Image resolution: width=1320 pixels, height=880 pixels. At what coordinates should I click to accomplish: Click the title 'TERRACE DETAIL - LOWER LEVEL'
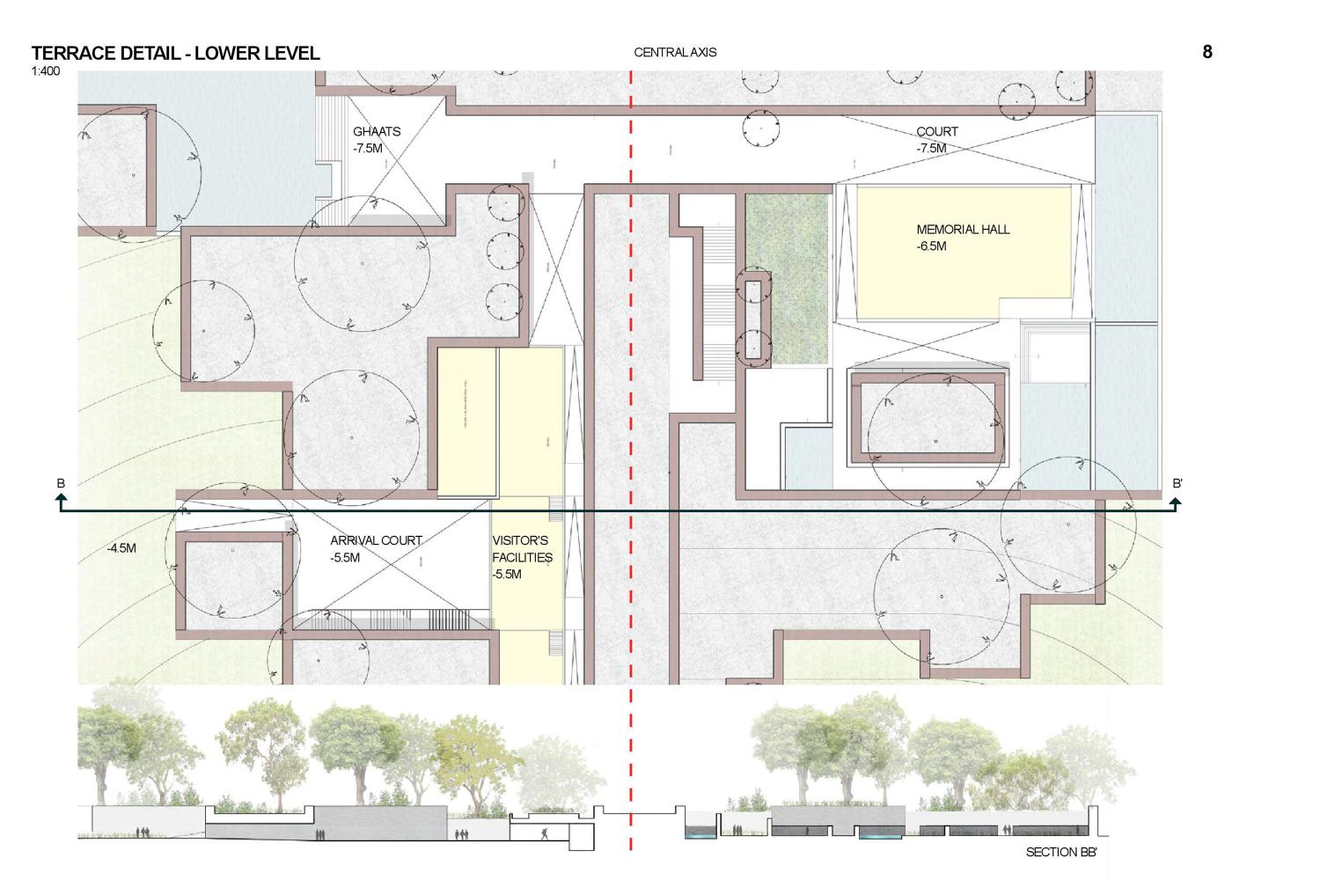[175, 53]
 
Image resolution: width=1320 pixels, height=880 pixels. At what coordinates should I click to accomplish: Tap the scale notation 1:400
[46, 71]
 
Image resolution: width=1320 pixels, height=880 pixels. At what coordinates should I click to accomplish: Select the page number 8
[1207, 52]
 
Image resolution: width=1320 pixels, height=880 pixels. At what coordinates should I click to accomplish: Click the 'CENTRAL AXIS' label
[675, 53]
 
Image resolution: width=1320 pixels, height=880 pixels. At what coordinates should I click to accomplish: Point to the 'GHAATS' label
[377, 131]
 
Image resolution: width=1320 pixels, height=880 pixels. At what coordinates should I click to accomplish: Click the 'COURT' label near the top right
[937, 131]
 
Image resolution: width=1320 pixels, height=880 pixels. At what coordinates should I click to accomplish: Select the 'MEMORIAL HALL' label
[963, 229]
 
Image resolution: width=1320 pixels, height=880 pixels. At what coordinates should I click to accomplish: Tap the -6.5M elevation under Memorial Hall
[931, 246]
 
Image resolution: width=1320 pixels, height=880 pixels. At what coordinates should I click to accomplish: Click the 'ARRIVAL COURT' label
[376, 540]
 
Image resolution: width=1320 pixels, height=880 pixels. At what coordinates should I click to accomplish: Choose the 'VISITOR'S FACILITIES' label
[522, 549]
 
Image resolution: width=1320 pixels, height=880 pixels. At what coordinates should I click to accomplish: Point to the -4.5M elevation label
[121, 548]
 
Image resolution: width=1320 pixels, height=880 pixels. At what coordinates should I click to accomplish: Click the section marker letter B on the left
[61, 483]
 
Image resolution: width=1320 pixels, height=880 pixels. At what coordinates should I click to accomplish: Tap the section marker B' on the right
[1177, 483]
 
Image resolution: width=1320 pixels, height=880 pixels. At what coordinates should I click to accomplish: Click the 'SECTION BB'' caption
[1061, 852]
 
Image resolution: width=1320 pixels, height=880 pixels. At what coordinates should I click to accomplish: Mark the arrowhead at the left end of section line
[61, 502]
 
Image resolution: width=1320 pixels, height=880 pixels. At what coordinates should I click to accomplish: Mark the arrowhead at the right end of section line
[1176, 502]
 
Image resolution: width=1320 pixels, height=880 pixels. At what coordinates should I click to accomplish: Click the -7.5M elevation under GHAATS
[368, 148]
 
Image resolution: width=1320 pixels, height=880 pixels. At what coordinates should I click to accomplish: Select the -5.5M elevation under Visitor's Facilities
[507, 575]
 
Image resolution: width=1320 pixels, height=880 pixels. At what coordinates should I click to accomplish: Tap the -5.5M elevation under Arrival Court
[345, 557]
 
